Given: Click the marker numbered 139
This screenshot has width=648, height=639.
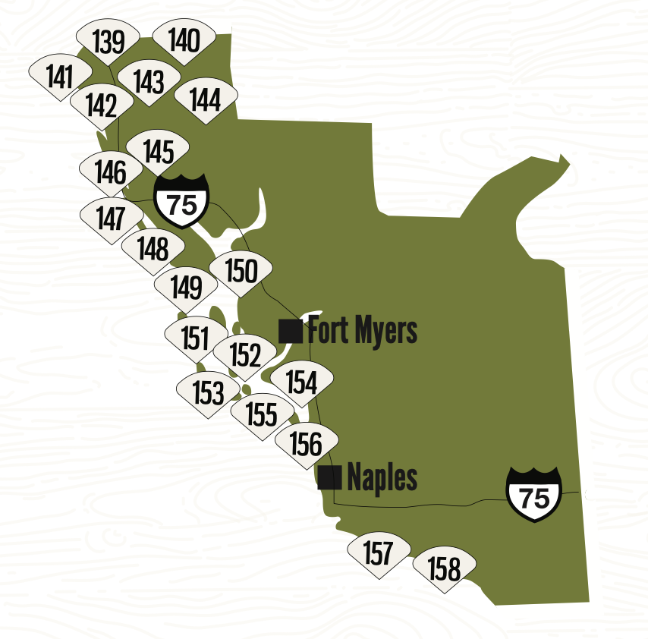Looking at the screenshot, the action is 109,42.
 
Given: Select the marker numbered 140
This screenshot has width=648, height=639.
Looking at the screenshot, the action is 184,40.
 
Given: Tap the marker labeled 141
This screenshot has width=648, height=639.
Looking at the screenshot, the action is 59,77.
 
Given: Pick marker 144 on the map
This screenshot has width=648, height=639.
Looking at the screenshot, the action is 206,99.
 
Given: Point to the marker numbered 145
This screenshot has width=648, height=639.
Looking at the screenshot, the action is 158,151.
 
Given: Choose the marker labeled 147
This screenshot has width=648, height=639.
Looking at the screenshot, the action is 111,219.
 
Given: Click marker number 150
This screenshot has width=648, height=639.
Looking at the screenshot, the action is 241,271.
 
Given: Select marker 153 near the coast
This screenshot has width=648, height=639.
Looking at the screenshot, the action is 207,392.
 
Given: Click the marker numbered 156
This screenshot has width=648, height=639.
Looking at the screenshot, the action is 306,443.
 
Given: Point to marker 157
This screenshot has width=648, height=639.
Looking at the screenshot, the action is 378,553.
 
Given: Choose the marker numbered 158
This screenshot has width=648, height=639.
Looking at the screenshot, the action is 444,568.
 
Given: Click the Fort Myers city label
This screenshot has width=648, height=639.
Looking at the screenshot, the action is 362,331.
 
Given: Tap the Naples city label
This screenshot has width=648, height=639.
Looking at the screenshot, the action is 382,478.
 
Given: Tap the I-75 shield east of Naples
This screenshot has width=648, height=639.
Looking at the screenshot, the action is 534,495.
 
